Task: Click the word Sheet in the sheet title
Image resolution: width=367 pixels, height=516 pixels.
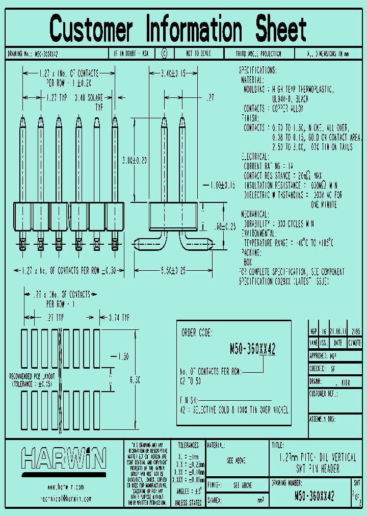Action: pos(278,29)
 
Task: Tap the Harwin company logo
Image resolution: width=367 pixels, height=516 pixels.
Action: pos(63,458)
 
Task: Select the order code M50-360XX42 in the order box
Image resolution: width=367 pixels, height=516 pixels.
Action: pos(253,349)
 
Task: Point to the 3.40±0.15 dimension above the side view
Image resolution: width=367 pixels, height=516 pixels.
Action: pos(173,74)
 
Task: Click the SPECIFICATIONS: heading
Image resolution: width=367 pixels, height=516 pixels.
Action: pos(258,70)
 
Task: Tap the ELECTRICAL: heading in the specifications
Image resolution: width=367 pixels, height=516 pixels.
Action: pos(254,157)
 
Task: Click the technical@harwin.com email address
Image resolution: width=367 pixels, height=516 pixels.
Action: pos(63,498)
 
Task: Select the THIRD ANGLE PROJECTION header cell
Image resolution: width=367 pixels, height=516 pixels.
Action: pos(258,54)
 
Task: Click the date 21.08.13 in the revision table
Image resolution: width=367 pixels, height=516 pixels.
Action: pos(339,330)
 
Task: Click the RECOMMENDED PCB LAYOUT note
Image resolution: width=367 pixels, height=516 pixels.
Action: pos(32,379)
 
